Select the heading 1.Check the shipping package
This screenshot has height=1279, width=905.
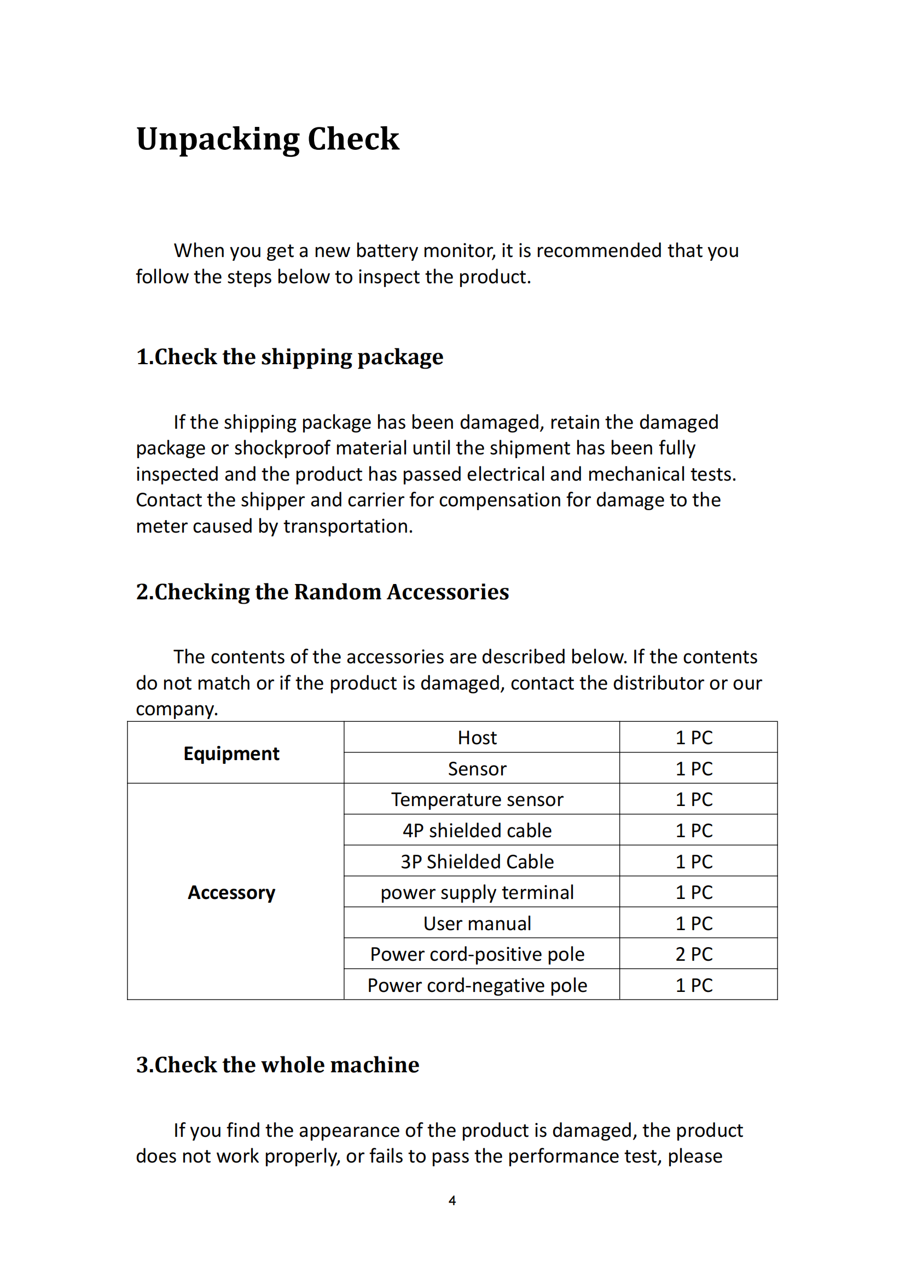pyautogui.click(x=289, y=357)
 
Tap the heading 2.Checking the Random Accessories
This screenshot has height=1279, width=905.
pyautogui.click(x=322, y=592)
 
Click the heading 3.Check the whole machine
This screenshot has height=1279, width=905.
pyautogui.click(x=277, y=1065)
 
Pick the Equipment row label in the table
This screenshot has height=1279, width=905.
pyautogui.click(x=231, y=753)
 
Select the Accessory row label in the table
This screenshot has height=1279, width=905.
pyautogui.click(x=231, y=892)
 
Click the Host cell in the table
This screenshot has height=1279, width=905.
pyautogui.click(x=477, y=738)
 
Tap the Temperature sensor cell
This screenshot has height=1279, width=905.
pyautogui.click(x=477, y=799)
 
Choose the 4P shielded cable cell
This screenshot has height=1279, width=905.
pyautogui.click(x=477, y=831)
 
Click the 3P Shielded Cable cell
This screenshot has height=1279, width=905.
pyautogui.click(x=477, y=862)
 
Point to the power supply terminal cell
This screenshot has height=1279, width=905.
pyautogui.click(x=477, y=892)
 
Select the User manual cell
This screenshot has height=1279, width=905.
pyautogui.click(x=477, y=924)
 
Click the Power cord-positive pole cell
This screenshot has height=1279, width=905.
pyautogui.click(x=477, y=954)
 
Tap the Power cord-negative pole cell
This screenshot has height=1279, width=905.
pyautogui.click(x=477, y=985)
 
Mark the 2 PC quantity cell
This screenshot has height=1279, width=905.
pyautogui.click(x=694, y=954)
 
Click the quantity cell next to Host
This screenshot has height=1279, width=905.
pyautogui.click(x=694, y=738)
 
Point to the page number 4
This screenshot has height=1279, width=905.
pyautogui.click(x=452, y=1200)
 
